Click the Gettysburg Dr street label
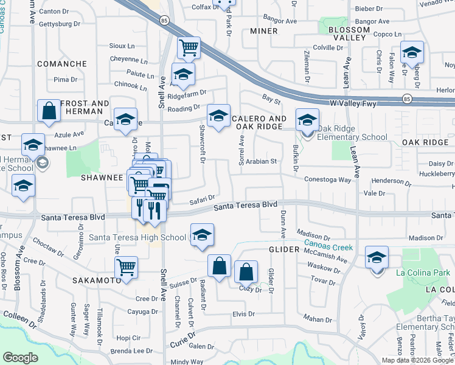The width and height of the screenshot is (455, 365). pos(60,24)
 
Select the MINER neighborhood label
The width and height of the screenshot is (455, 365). pos(263,30)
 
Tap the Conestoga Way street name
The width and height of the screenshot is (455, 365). pos(328,179)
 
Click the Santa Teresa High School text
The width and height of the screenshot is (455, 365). pos(137,237)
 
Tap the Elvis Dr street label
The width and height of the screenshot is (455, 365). pos(243,314)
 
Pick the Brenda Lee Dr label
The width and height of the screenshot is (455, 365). pos(131,351)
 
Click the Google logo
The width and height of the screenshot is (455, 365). pos(21,358)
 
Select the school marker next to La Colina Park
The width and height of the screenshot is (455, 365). pos(377,259)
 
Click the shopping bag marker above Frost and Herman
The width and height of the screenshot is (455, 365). pos(49,112)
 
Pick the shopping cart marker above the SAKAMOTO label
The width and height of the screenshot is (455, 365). pos(126,267)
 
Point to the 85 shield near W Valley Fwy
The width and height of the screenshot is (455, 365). pos(406,99)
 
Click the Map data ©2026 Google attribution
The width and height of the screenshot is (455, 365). pos(417,360)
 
